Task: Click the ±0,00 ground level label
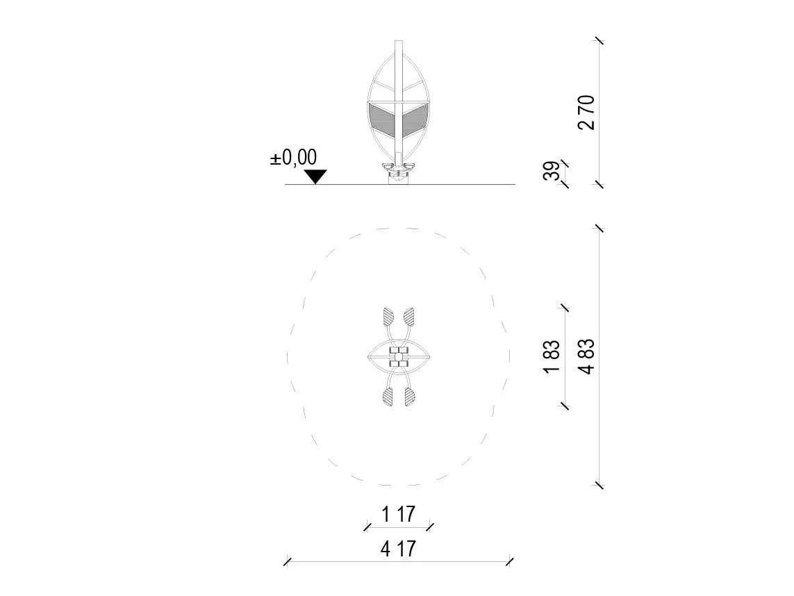click(293, 158)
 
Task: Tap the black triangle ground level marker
click(315, 176)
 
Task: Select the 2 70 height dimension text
click(586, 113)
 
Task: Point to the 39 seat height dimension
click(552, 171)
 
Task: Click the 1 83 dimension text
click(552, 356)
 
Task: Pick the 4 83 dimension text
click(586, 356)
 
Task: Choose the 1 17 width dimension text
click(399, 514)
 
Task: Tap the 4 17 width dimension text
click(399, 548)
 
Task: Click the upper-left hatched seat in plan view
click(388, 317)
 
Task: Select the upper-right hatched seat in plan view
click(408, 317)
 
